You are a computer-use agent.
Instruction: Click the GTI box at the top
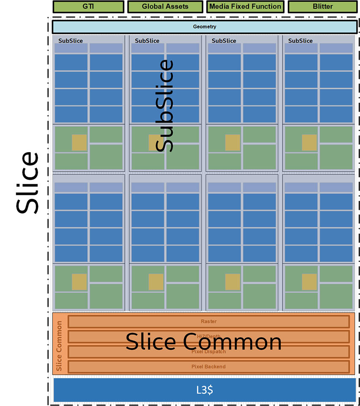[88, 6]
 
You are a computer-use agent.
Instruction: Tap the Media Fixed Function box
[245, 6]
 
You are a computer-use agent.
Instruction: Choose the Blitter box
[322, 6]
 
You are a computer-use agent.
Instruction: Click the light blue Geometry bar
[205, 27]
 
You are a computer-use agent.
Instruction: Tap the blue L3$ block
[205, 390]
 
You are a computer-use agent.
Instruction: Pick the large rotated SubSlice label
[164, 106]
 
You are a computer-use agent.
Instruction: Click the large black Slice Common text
[204, 342]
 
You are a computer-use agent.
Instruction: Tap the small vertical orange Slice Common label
[59, 346]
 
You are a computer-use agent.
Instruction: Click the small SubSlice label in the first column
[71, 41]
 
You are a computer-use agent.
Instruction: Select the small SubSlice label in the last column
[300, 41]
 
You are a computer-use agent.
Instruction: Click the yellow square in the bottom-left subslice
[79, 282]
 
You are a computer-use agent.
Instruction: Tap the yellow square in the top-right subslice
[309, 143]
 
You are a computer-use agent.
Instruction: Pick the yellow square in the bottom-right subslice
[309, 282]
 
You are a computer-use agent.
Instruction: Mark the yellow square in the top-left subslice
[79, 143]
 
